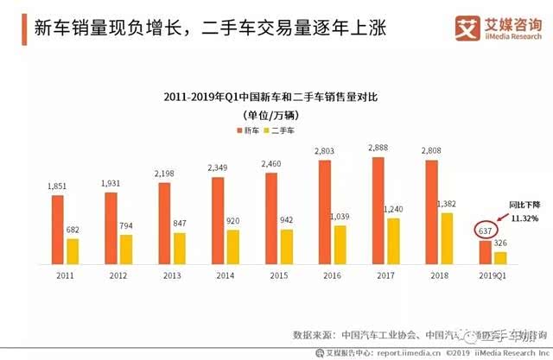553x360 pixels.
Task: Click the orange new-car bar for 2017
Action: click(378, 210)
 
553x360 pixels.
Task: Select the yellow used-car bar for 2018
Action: click(448, 237)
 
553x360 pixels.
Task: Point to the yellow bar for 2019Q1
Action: click(500, 257)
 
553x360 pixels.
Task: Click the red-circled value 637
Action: click(485, 231)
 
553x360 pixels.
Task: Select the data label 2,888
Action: click(378, 149)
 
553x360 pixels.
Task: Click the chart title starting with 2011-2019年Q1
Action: click(276, 97)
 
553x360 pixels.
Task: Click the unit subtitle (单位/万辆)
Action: click(276, 114)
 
